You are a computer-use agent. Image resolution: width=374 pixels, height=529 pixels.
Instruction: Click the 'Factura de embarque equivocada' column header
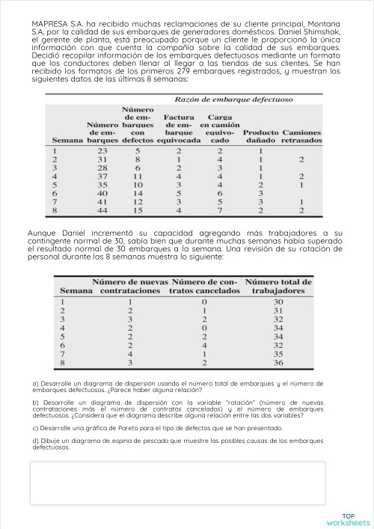(179, 128)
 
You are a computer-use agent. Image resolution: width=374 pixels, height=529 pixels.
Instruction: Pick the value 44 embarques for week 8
(102, 210)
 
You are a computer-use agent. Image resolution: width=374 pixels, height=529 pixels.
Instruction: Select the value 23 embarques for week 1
(102, 150)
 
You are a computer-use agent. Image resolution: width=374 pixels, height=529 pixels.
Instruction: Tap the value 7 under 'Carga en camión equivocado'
(219, 210)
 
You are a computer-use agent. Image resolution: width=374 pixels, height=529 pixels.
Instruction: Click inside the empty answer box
(177, 483)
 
